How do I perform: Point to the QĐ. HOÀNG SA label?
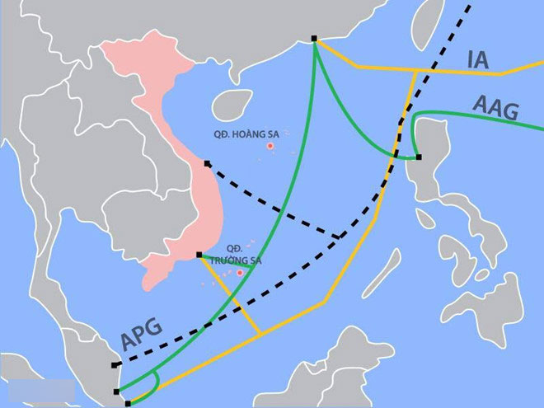238,134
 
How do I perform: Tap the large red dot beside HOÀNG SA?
270,147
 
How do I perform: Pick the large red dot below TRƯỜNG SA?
240,272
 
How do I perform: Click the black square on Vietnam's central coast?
207,164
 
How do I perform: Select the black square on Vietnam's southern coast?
199,256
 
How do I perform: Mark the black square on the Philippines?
419,157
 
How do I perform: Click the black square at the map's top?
314,39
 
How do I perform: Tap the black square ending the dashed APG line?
115,364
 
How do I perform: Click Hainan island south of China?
232,104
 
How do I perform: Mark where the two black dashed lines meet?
339,237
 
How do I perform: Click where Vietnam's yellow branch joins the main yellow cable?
260,333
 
